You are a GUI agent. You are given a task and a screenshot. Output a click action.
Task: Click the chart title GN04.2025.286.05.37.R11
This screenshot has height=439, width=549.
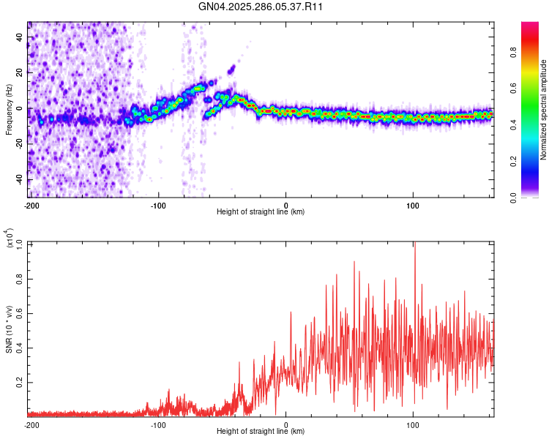[x=261, y=7]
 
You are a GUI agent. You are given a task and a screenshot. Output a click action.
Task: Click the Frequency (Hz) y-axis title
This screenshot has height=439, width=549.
[x=9, y=110]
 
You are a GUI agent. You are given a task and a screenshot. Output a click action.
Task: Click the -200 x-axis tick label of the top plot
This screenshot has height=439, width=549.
[x=31, y=204]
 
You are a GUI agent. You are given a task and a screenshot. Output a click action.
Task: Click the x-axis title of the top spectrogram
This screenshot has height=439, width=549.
[x=261, y=211]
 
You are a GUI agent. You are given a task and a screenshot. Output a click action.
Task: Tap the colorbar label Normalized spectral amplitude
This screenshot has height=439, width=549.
[x=544, y=110]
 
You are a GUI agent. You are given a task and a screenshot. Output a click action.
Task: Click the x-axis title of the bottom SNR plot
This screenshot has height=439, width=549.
[x=261, y=431]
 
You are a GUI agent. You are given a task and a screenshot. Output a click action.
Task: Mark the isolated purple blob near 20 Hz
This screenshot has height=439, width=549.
[x=232, y=70]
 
